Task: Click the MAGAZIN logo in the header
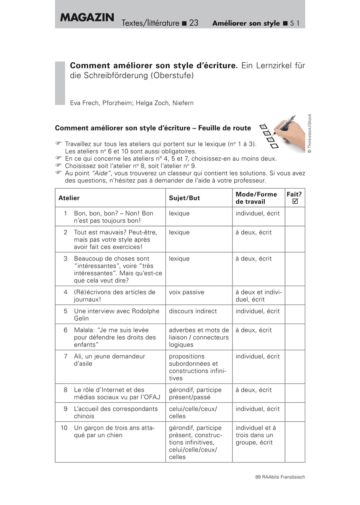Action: (87, 18)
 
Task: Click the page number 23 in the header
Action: (194, 23)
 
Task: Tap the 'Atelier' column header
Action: (69, 198)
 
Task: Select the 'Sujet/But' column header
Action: (184, 198)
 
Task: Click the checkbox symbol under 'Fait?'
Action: (295, 202)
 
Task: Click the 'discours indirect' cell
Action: (193, 311)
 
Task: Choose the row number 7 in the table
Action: (66, 356)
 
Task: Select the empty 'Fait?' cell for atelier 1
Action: (295, 217)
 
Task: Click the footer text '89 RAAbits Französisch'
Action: (280, 477)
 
